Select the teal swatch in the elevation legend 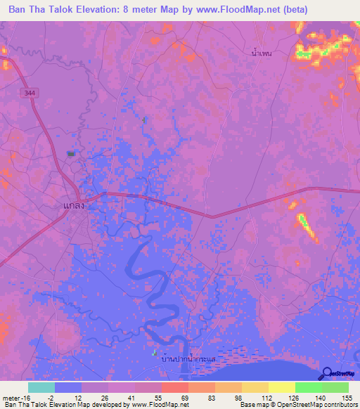tap(41, 387)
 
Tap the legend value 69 tap(184, 398)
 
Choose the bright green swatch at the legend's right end tap(335, 387)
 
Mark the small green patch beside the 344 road tap(70, 152)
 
